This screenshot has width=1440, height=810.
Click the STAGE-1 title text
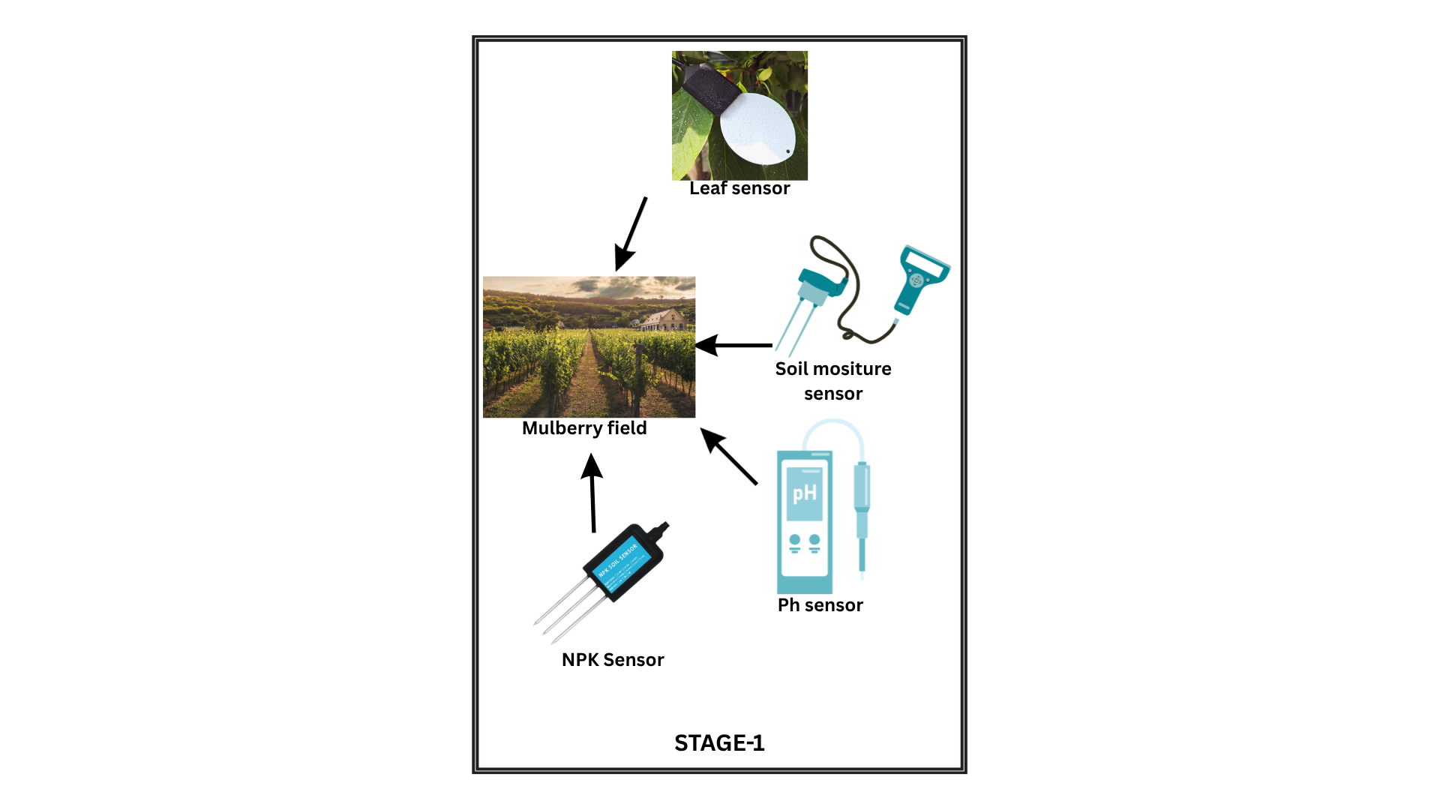coord(719,742)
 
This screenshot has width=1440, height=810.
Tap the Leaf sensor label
coord(739,188)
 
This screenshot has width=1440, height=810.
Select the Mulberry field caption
coord(584,428)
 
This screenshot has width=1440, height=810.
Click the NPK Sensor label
coord(613,660)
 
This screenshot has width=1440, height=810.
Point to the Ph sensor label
coord(820,605)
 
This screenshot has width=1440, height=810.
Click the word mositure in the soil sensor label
coord(852,369)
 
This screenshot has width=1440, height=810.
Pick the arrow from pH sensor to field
coord(728,456)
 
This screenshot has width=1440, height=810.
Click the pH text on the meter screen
coord(804,493)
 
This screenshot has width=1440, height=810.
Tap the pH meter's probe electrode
coord(862,517)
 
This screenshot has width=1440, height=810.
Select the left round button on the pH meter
coord(794,540)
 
